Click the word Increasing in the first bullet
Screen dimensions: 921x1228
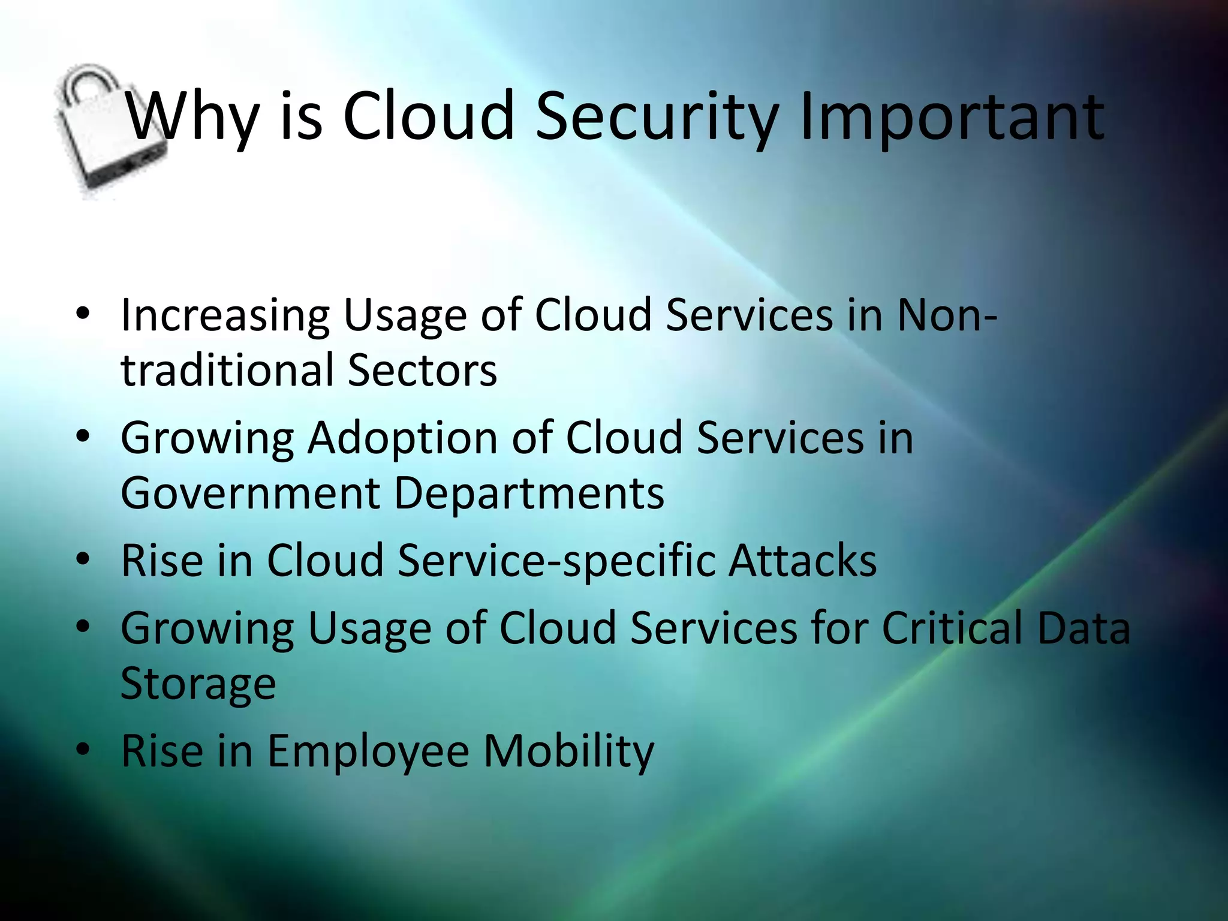pos(225,316)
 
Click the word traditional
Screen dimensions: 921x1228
pos(227,370)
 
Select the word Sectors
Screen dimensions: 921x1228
pos(422,370)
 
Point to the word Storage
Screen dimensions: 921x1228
pos(198,684)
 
